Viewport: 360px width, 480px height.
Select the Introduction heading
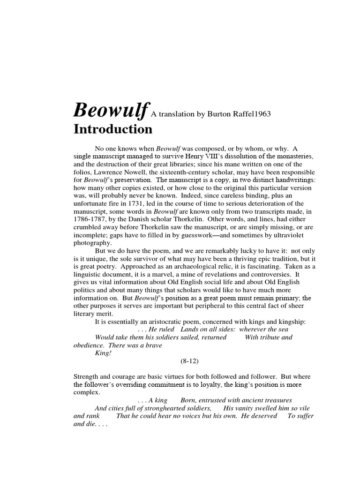click(112, 129)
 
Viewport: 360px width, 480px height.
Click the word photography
click(93, 244)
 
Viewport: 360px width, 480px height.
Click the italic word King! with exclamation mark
click(103, 352)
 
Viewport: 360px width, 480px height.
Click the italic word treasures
click(277, 400)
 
